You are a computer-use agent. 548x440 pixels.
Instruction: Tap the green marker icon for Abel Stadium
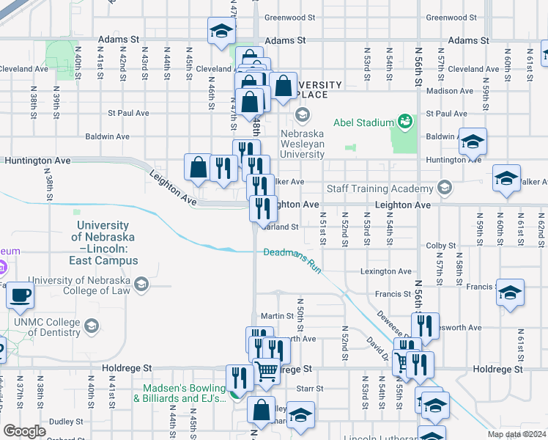[403, 120]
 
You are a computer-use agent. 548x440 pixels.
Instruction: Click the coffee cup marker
[20, 296]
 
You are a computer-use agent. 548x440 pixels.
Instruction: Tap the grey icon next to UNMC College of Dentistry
[92, 325]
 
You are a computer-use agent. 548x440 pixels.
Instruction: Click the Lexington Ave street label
[385, 271]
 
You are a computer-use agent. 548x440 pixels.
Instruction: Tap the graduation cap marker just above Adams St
[221, 32]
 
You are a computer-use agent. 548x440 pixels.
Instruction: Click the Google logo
[24, 431]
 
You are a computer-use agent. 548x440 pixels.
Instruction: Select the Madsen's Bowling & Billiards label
[179, 393]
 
